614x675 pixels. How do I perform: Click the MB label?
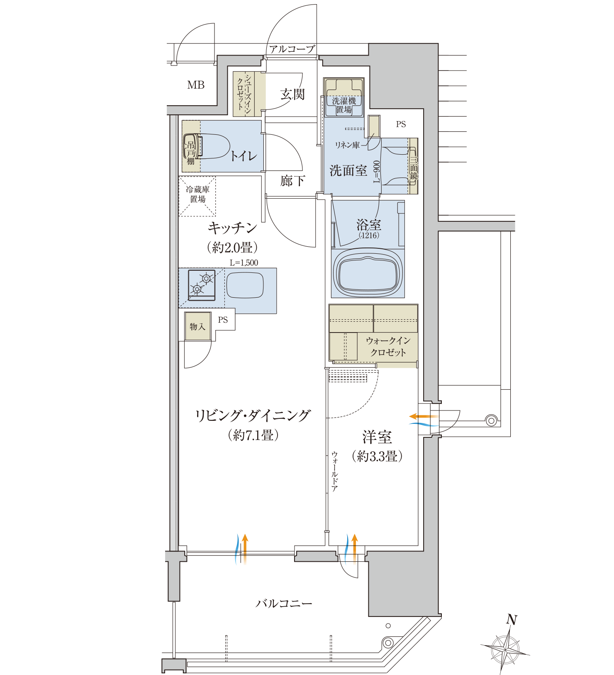pyautogui.click(x=196, y=85)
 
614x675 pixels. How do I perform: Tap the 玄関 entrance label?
pyautogui.click(x=292, y=95)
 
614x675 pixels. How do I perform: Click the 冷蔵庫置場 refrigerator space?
pyautogui.click(x=197, y=196)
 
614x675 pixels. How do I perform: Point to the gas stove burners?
pyautogui.click(x=202, y=285)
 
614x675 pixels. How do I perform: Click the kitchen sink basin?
pyautogui.click(x=245, y=285)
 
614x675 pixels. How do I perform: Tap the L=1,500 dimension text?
pyautogui.click(x=244, y=263)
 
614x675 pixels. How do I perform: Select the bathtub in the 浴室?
pyautogui.click(x=368, y=273)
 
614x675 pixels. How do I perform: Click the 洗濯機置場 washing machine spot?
pyautogui.click(x=344, y=97)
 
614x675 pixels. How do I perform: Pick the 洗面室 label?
pyautogui.click(x=348, y=170)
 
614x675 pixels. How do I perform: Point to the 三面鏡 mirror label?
pyautogui.click(x=414, y=167)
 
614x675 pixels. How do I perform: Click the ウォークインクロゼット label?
pyautogui.click(x=388, y=347)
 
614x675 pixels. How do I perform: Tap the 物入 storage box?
pyautogui.click(x=198, y=327)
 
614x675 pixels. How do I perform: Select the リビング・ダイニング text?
pyautogui.click(x=253, y=415)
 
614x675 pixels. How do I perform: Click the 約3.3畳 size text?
pyautogui.click(x=377, y=456)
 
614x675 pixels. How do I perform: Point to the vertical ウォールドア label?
pyautogui.click(x=334, y=472)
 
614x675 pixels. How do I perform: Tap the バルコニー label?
pyautogui.click(x=284, y=603)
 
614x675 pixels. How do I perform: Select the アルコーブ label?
pyautogui.click(x=292, y=49)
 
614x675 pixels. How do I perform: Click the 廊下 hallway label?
pyautogui.click(x=293, y=181)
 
